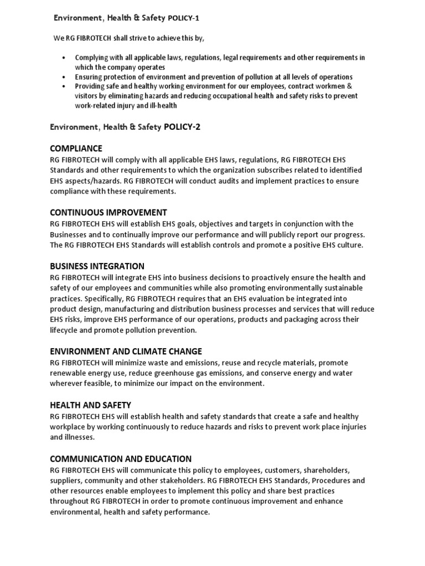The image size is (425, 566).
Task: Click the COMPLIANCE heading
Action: (76, 148)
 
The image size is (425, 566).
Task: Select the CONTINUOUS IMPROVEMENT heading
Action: (108, 212)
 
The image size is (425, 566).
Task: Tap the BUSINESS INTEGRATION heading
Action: (97, 266)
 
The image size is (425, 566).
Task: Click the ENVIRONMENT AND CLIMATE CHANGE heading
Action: (126, 351)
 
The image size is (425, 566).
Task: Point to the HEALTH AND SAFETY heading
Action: (91, 405)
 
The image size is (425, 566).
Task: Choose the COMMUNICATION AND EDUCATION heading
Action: (121, 458)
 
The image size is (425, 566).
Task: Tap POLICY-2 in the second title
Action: (182, 127)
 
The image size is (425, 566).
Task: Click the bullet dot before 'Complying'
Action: (64, 58)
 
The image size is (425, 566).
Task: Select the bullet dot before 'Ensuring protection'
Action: (64, 77)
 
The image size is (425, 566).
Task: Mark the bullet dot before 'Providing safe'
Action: (64, 87)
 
